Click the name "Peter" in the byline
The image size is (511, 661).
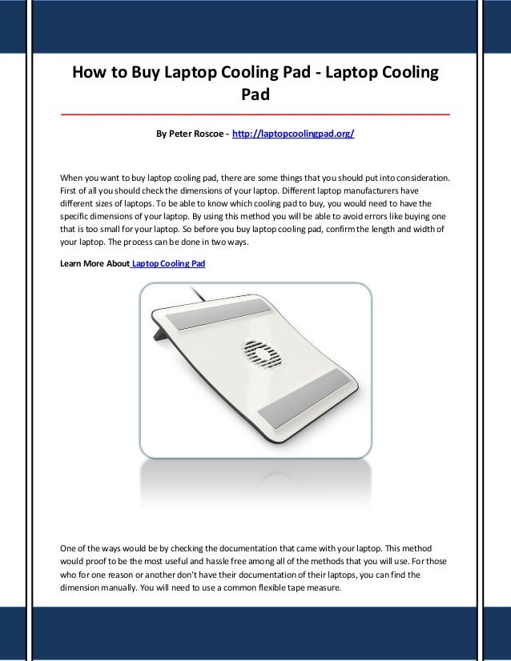(179, 134)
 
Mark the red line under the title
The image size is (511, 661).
(255, 115)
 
